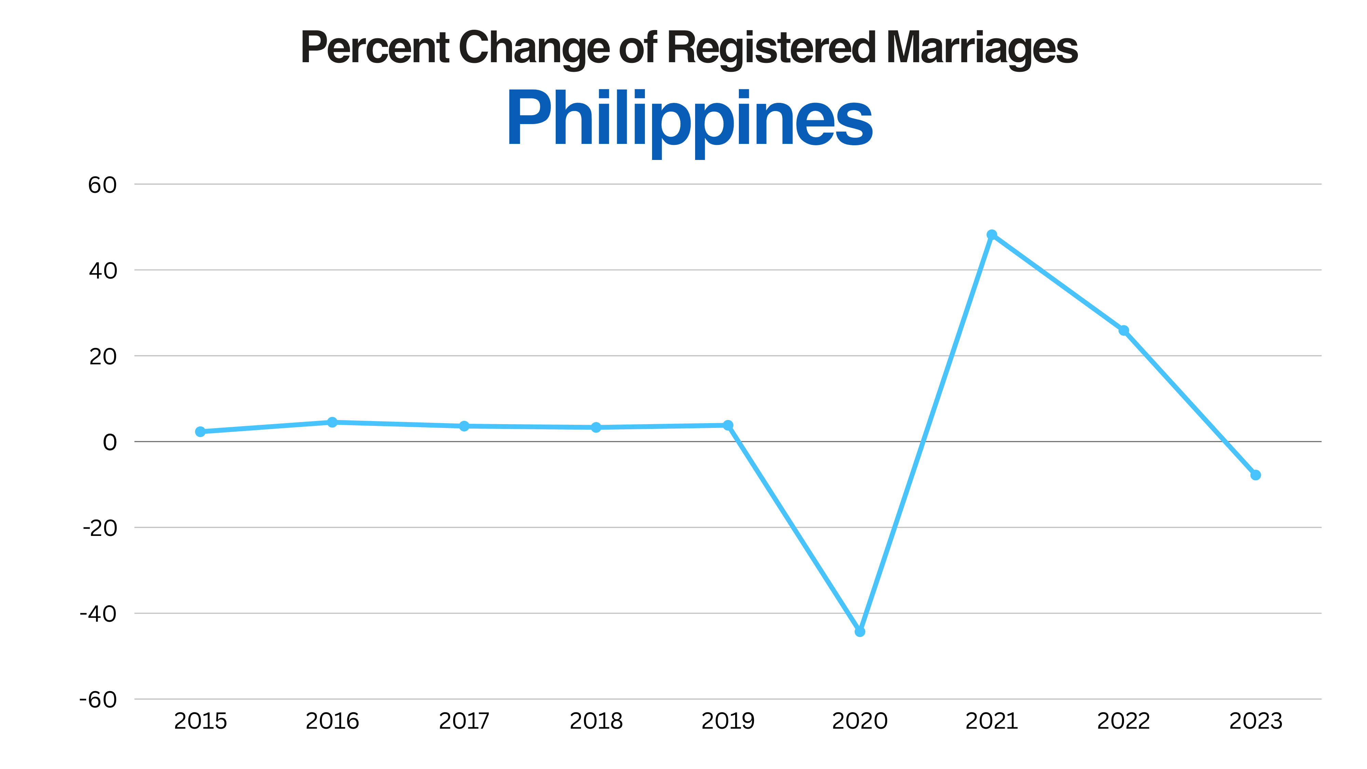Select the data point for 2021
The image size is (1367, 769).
click(x=992, y=234)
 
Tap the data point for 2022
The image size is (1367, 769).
click(x=1123, y=330)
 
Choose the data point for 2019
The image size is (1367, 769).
click(x=728, y=425)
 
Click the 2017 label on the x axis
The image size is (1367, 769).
click(x=464, y=721)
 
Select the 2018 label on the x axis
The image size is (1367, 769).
click(x=596, y=721)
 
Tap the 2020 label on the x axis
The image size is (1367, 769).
click(x=860, y=721)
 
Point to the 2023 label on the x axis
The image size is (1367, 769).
click(x=1256, y=721)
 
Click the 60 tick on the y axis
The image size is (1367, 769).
click(x=103, y=185)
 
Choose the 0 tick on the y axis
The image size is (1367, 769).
click(x=110, y=442)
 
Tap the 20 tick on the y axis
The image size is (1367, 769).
click(x=103, y=356)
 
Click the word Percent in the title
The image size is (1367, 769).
click(x=375, y=48)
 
